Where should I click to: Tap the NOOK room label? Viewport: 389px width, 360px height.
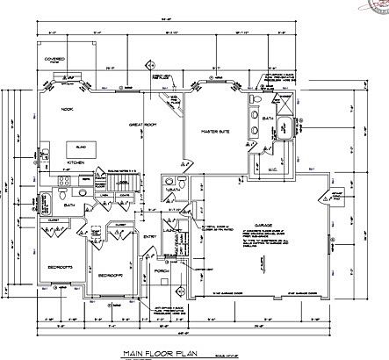click(x=68, y=110)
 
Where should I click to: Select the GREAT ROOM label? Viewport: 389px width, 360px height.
click(x=143, y=126)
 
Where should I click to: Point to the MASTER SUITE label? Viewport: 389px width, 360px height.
click(x=215, y=132)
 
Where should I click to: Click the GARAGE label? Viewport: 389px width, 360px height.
click(x=262, y=225)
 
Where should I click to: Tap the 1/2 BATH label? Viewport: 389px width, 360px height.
click(x=171, y=189)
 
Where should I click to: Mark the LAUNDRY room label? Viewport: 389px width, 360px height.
click(x=173, y=230)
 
